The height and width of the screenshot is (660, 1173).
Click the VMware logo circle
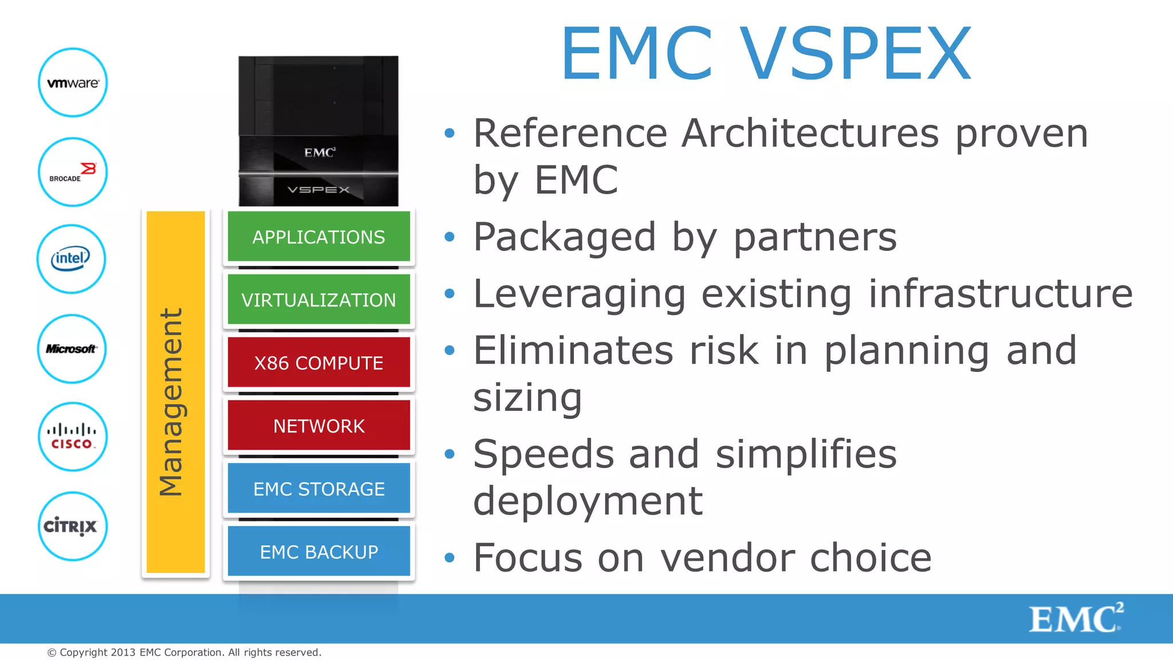coord(73,82)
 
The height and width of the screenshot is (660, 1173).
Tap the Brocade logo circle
coord(73,172)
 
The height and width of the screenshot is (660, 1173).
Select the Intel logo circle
coord(71,259)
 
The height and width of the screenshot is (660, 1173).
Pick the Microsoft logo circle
coord(72,348)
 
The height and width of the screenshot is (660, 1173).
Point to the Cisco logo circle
coord(72,437)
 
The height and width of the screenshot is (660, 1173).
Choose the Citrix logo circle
coord(72,526)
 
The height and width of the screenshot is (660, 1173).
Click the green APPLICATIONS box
coord(318,237)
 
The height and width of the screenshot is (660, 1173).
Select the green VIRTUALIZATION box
coord(318,300)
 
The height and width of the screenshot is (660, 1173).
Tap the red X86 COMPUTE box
coord(318,363)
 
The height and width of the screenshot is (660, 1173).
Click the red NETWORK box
coord(318,426)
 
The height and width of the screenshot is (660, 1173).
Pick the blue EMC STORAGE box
coord(318,489)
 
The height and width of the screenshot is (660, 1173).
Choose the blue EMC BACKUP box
coord(318,551)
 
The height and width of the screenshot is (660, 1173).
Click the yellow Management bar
coord(175,392)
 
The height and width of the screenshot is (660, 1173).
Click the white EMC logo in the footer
coord(1076,618)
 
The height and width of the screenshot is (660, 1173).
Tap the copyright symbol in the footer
coord(52,653)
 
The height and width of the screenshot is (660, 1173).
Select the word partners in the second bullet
coord(815,237)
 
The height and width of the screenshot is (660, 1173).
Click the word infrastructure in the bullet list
coord(1000,294)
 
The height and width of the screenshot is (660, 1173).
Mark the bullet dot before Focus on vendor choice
coord(450,557)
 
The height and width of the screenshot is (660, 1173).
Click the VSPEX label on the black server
coord(318,190)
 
